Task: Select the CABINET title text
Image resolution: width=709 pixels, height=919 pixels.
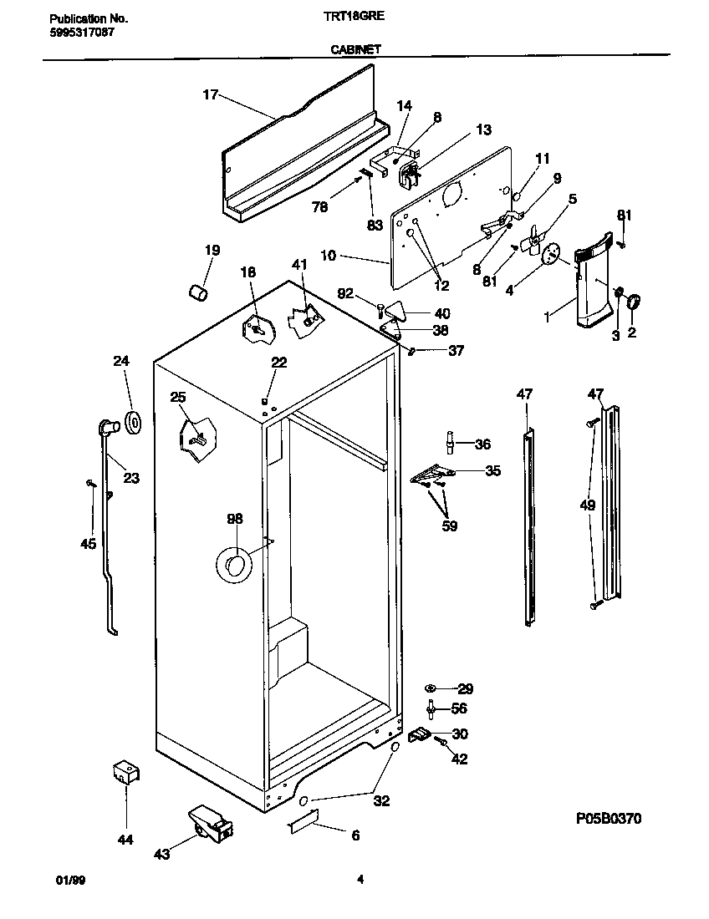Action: coord(354,49)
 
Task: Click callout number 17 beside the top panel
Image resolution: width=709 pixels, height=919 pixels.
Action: coord(210,95)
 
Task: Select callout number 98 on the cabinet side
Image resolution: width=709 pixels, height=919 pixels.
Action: coord(233,520)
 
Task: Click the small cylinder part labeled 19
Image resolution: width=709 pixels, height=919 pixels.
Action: coord(198,292)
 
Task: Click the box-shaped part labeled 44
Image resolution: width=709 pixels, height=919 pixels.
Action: coord(125,773)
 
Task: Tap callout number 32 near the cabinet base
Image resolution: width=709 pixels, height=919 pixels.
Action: coord(381,801)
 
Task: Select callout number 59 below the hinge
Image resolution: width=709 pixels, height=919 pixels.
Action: coord(450,526)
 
